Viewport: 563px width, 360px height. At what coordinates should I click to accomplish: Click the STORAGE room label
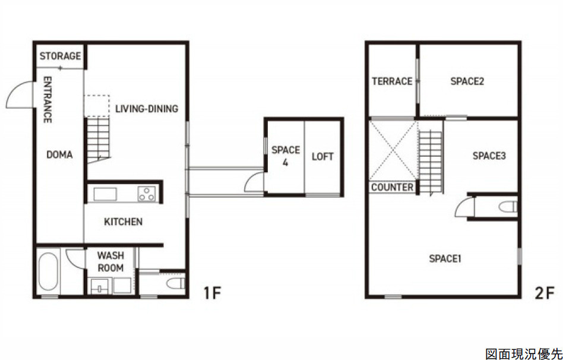point(60,56)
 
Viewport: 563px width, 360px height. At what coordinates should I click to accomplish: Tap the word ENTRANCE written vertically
point(48,100)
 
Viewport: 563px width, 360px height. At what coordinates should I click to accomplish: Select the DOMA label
point(59,155)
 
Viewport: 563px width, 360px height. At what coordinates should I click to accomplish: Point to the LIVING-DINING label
point(147,109)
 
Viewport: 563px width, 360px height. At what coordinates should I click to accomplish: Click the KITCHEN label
point(123,222)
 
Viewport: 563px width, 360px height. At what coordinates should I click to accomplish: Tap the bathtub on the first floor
point(48,271)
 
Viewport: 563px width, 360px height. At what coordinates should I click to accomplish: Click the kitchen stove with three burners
point(147,194)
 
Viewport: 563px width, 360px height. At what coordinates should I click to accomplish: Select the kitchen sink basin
point(105,194)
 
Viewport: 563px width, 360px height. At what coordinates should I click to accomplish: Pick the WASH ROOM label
point(110,261)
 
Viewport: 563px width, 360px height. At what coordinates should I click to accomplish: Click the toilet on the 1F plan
point(176,283)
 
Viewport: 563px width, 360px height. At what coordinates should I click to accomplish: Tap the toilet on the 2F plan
point(508,207)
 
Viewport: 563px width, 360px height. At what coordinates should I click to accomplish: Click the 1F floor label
point(212,293)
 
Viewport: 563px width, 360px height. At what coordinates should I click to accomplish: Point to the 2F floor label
point(545,293)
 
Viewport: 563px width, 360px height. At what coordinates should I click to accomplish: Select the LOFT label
point(322,157)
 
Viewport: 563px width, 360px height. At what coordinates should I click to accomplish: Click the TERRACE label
point(392,81)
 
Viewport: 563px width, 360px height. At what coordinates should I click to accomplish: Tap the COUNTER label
point(392,187)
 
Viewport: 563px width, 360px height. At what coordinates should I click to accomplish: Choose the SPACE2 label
point(467,81)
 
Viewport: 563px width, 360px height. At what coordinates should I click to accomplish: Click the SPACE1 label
point(445,258)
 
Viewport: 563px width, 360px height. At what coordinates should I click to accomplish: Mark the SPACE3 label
point(489,156)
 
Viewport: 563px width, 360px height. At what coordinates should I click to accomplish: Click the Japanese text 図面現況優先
point(523,353)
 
